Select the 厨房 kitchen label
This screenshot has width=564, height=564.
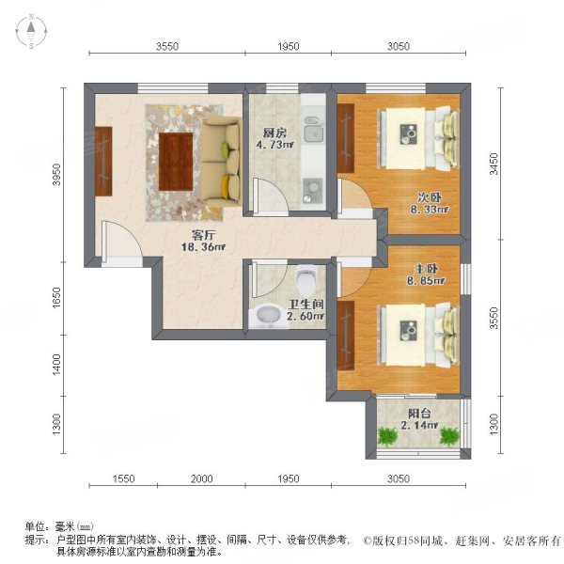274,133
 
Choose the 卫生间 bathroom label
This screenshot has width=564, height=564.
305,304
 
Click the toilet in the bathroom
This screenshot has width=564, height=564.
305,279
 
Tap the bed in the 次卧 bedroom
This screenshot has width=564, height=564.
417,141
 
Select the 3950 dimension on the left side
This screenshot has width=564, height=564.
57,173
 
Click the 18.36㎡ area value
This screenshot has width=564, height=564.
206,247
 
